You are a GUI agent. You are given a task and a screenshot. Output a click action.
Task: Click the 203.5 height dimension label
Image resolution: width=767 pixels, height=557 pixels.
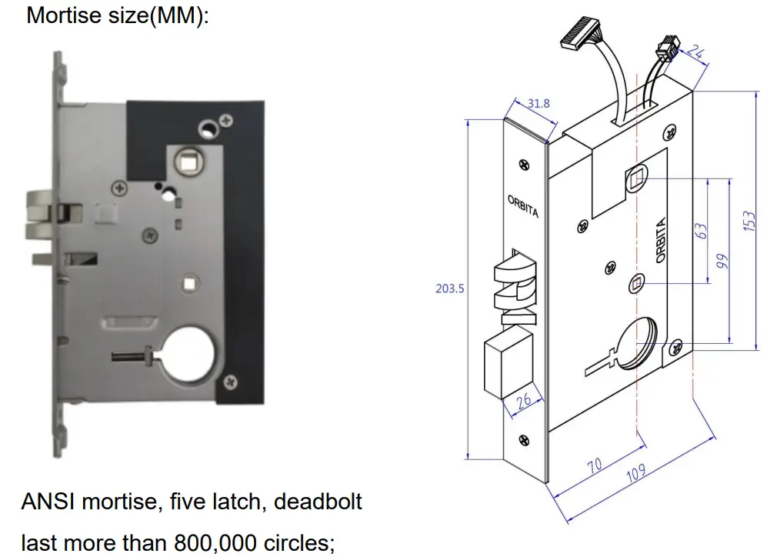[449, 289]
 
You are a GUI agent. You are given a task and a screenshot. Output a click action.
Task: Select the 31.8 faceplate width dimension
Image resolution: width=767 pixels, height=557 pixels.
[539, 102]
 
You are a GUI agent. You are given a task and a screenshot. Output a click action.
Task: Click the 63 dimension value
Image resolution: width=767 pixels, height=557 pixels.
[702, 231]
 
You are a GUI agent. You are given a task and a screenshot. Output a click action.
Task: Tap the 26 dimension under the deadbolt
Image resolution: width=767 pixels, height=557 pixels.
[523, 402]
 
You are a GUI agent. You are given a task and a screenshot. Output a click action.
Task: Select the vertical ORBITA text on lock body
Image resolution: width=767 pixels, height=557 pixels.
[659, 242]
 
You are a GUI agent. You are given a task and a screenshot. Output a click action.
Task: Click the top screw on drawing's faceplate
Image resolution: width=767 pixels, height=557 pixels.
[525, 164]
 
